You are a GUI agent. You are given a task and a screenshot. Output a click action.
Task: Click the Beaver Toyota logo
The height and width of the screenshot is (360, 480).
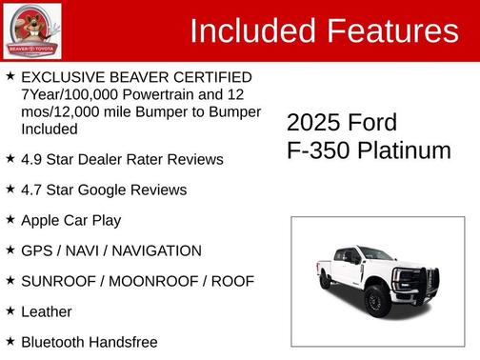click(x=32, y=30)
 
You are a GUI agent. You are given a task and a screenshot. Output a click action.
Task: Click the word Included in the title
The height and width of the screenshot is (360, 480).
click(x=253, y=31)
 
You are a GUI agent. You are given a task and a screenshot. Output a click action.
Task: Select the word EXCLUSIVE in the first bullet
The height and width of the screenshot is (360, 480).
click(x=60, y=76)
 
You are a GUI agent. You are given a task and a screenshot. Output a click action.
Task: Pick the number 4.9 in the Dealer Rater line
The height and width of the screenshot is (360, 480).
click(x=31, y=159)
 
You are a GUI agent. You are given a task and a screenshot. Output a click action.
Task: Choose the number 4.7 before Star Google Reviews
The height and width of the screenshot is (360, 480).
click(x=31, y=190)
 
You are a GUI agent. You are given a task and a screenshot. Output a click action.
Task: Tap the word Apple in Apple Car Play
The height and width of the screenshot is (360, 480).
click(x=42, y=220)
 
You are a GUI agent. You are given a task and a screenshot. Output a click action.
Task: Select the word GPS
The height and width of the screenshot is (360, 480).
click(x=36, y=250)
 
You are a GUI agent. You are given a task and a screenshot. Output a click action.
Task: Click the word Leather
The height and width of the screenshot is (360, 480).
click(x=46, y=311)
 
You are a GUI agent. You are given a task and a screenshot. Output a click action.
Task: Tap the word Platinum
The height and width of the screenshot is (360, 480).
click(x=406, y=150)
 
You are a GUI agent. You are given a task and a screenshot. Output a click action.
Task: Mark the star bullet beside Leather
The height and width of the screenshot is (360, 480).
click(x=10, y=310)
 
